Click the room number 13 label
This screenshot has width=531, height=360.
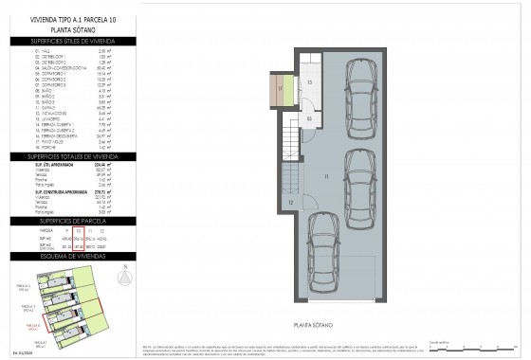click(310, 83)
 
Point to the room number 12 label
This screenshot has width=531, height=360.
click(291, 202)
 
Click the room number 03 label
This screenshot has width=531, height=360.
click(310, 118)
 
